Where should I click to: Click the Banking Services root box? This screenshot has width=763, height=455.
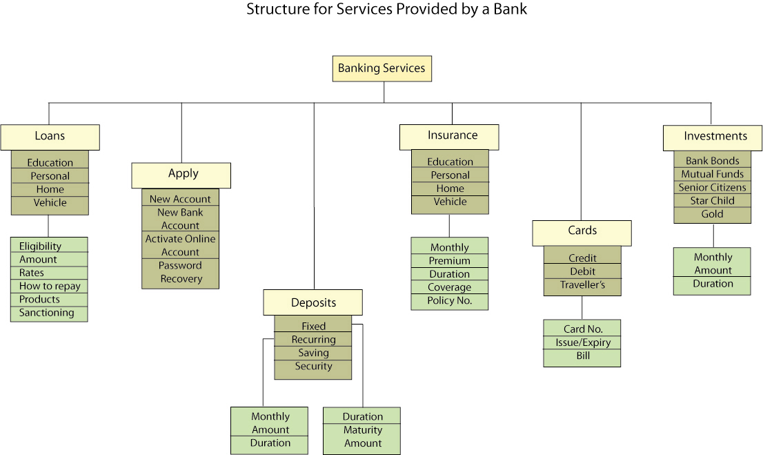point(381,68)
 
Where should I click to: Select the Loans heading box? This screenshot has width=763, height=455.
point(50,137)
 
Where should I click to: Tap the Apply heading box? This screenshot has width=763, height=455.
point(181,175)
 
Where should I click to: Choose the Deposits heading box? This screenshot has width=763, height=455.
point(313,302)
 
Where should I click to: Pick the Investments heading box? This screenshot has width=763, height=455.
point(713,137)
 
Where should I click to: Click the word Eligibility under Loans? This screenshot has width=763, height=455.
point(40,246)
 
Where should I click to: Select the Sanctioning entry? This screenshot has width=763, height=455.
point(46,313)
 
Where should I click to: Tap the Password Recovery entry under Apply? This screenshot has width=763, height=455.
point(181,272)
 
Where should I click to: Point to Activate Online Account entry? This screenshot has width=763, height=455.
point(181,245)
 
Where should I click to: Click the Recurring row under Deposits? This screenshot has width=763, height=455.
point(313,340)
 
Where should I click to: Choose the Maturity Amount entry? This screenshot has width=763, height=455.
point(363,437)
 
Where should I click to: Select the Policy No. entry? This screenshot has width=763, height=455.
point(450,301)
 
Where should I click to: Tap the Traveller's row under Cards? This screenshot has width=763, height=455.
point(582,285)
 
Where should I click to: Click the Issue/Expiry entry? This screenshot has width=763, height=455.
point(583,343)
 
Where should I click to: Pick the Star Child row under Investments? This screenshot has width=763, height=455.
point(713,201)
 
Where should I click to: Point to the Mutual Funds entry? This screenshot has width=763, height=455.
point(713,174)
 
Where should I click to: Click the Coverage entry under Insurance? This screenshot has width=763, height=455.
point(450,287)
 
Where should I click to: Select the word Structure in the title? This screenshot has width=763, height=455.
point(273,10)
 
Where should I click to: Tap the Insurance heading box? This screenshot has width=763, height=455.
point(452,136)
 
